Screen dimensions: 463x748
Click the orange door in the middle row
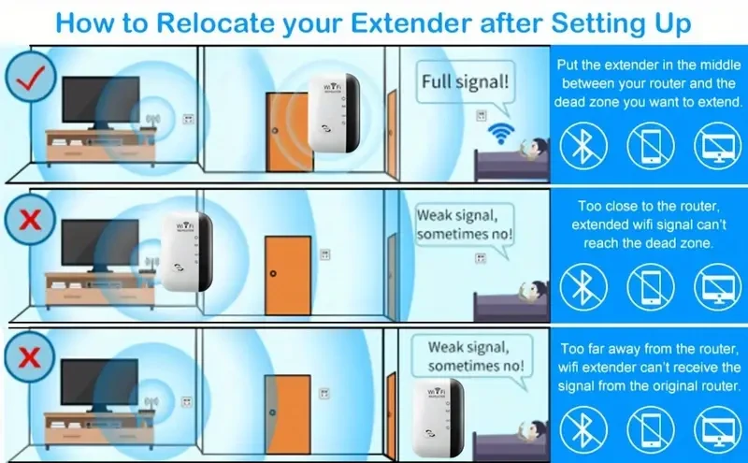[x=287, y=275]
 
